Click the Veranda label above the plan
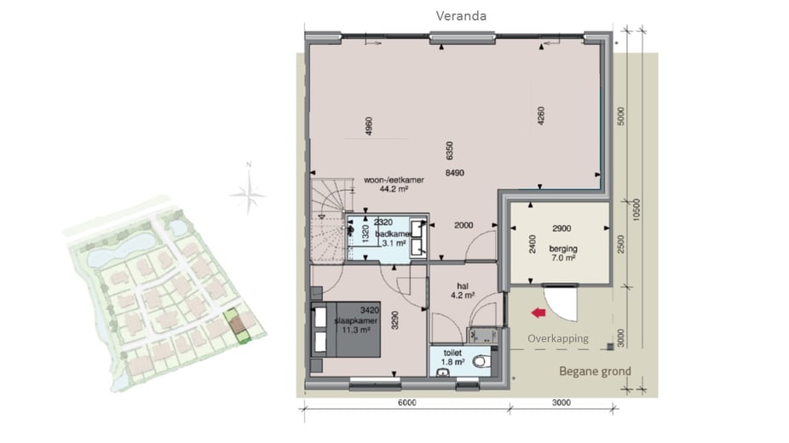[461, 16]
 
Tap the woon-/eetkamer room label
[394, 180]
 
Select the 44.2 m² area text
[394, 189]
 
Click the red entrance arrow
[538, 314]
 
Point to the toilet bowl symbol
[481, 361]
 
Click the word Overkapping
[558, 338]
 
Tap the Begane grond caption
[596, 371]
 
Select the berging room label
[563, 249]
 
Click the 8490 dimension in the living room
[455, 173]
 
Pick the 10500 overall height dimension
[636, 210]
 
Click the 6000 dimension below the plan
[406, 402]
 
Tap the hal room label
[463, 286]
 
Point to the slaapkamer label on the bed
[356, 321]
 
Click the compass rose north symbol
[248, 191]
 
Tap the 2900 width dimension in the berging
[562, 229]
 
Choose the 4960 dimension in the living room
[368, 126]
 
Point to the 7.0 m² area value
[563, 258]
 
